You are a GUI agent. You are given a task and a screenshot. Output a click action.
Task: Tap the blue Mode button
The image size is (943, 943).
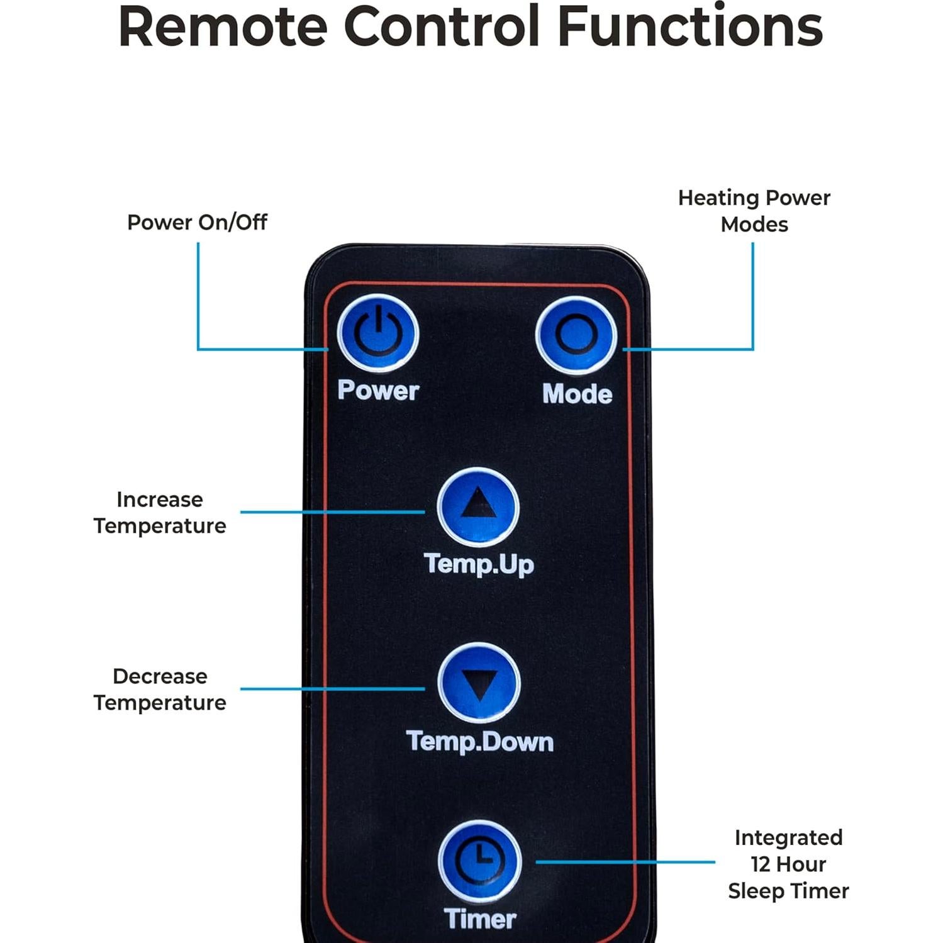click(576, 335)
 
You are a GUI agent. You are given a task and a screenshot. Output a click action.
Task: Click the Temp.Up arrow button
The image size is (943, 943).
click(478, 506)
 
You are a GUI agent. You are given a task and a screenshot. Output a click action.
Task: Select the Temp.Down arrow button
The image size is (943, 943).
click(479, 683)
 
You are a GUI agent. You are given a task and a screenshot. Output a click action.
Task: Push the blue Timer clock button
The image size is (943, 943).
click(480, 861)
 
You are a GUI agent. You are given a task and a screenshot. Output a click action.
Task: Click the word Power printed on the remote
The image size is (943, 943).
click(378, 390)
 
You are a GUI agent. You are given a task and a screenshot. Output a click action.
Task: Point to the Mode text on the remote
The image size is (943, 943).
click(577, 394)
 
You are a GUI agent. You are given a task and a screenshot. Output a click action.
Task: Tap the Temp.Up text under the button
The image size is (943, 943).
click(479, 564)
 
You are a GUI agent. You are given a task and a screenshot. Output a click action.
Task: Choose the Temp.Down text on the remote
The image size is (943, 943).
click(479, 742)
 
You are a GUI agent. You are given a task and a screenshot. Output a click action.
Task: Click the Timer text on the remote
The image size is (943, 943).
click(480, 919)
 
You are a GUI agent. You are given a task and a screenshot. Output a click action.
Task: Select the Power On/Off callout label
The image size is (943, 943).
click(197, 222)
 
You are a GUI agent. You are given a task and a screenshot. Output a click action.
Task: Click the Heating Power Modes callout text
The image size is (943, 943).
click(754, 211)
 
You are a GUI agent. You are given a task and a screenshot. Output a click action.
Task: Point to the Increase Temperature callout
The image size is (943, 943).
click(160, 513)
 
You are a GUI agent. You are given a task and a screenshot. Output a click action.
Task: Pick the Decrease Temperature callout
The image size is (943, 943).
click(160, 689)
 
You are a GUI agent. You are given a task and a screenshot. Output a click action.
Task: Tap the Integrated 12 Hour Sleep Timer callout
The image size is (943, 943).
click(788, 864)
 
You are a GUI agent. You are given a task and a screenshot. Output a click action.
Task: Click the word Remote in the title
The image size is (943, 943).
click(223, 26)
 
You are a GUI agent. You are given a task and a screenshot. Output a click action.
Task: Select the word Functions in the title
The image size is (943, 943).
click(690, 26)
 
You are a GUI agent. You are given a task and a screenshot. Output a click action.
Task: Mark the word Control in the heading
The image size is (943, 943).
click(442, 26)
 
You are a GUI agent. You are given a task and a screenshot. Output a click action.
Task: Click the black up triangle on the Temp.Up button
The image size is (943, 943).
click(478, 503)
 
